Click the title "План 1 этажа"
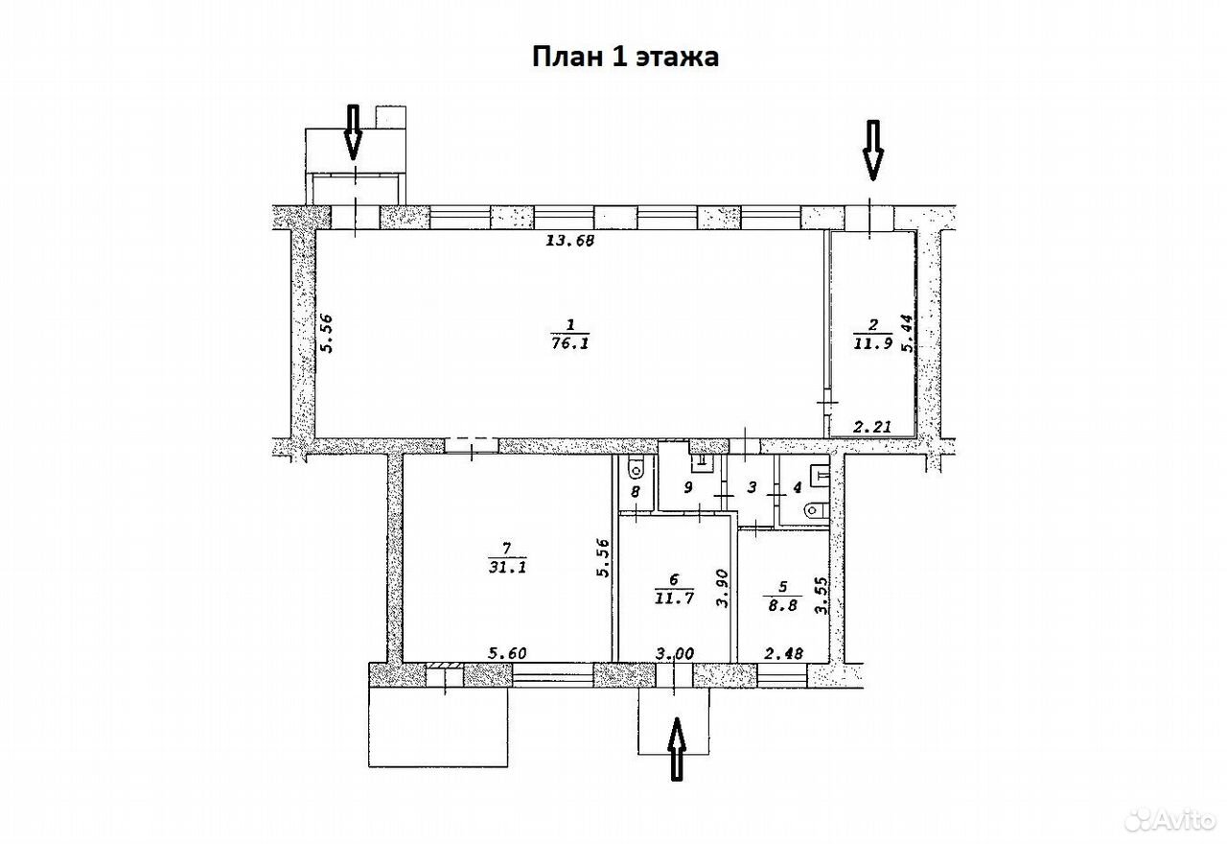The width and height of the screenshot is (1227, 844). pos(625,57)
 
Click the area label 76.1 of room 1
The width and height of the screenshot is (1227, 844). pos(570,343)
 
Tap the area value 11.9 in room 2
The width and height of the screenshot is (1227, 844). pos(873,343)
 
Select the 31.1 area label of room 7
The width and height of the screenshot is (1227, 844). pos(507,567)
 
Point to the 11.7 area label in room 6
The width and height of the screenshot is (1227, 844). pos(674,598)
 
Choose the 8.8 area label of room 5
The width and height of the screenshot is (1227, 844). pos(783,606)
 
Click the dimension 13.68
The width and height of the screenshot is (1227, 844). pos(570,240)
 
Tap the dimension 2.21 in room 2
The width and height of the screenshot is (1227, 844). pos(873,426)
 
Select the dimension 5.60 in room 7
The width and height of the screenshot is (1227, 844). pos(507,653)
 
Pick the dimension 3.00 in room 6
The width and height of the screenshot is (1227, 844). pos(675,653)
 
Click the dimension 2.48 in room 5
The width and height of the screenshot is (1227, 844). pos(783,653)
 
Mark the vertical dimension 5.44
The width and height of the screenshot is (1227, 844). pos(908,333)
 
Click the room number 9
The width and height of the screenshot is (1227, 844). pos(688,486)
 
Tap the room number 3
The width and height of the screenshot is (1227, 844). pos(752,486)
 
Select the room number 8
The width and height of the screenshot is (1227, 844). pos(635,492)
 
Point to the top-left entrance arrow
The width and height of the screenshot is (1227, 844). pos(354,132)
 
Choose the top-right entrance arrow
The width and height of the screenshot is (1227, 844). pos(873,151)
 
